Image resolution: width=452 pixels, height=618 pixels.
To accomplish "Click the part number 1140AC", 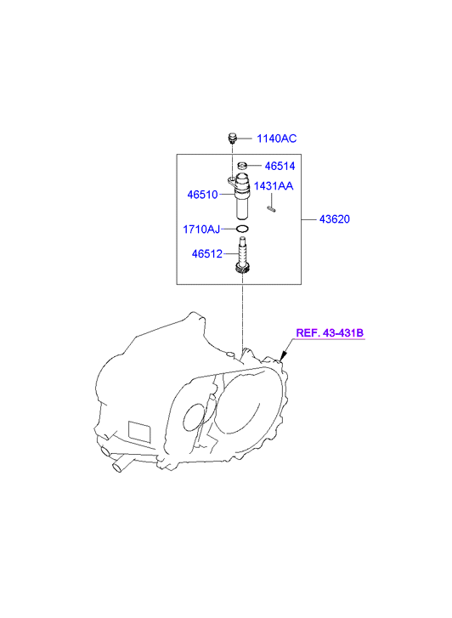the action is tap(276, 139).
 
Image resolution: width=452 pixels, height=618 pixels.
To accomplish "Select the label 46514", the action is tap(280, 166).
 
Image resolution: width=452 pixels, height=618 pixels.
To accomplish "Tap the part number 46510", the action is tap(202, 195).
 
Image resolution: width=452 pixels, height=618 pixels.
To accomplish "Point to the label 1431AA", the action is tap(274, 185).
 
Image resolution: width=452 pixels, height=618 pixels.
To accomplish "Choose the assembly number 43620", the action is tap(335, 219).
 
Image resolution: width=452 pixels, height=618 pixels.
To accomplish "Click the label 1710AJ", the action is tap(201, 229).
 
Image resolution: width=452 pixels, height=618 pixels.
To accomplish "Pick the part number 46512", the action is tap(207, 253).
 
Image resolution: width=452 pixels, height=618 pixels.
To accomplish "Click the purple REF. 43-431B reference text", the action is tap(330, 333).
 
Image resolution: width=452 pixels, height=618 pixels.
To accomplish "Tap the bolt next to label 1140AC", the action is tap(232, 139).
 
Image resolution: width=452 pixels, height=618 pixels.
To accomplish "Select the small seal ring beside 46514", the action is tap(242, 165).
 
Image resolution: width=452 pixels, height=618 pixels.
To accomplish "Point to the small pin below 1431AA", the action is tap(271, 208).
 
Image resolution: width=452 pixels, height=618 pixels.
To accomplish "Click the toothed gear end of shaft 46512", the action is tap(242, 269).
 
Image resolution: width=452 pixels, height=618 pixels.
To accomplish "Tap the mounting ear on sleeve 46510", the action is tap(231, 181).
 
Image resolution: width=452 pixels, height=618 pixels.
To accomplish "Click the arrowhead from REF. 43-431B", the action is tap(283, 356).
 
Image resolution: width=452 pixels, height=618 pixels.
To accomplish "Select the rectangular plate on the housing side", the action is tap(139, 432).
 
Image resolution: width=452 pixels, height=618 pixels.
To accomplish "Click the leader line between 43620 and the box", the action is tap(309, 219).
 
